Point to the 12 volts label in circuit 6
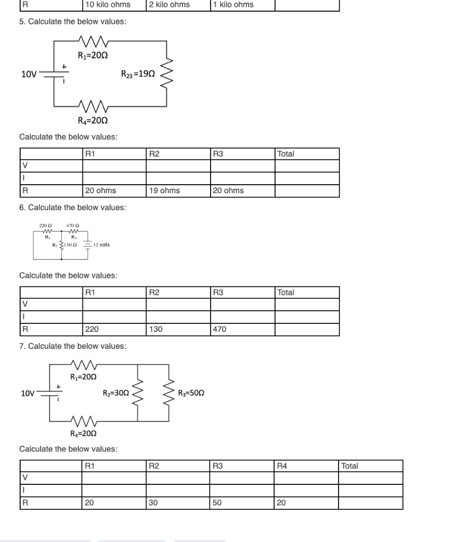click(x=101, y=245)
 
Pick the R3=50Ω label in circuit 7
click(x=191, y=393)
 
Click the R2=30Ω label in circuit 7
click(x=116, y=393)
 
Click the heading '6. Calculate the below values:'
click(x=72, y=207)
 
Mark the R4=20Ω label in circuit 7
click(x=84, y=434)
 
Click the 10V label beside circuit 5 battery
click(x=29, y=74)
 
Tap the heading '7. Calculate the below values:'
click(x=72, y=346)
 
